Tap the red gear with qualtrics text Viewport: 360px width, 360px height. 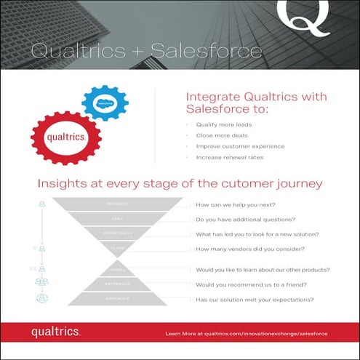[x=66, y=135]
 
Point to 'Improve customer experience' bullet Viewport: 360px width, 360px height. [x=238, y=146]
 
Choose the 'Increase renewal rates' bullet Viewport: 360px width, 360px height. [x=228, y=157]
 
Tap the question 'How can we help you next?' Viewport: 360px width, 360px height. [x=241, y=206]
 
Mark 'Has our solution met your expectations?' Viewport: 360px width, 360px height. [x=255, y=300]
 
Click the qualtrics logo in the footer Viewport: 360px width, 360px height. [x=55, y=332]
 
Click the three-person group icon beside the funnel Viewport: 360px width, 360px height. [x=42, y=281]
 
